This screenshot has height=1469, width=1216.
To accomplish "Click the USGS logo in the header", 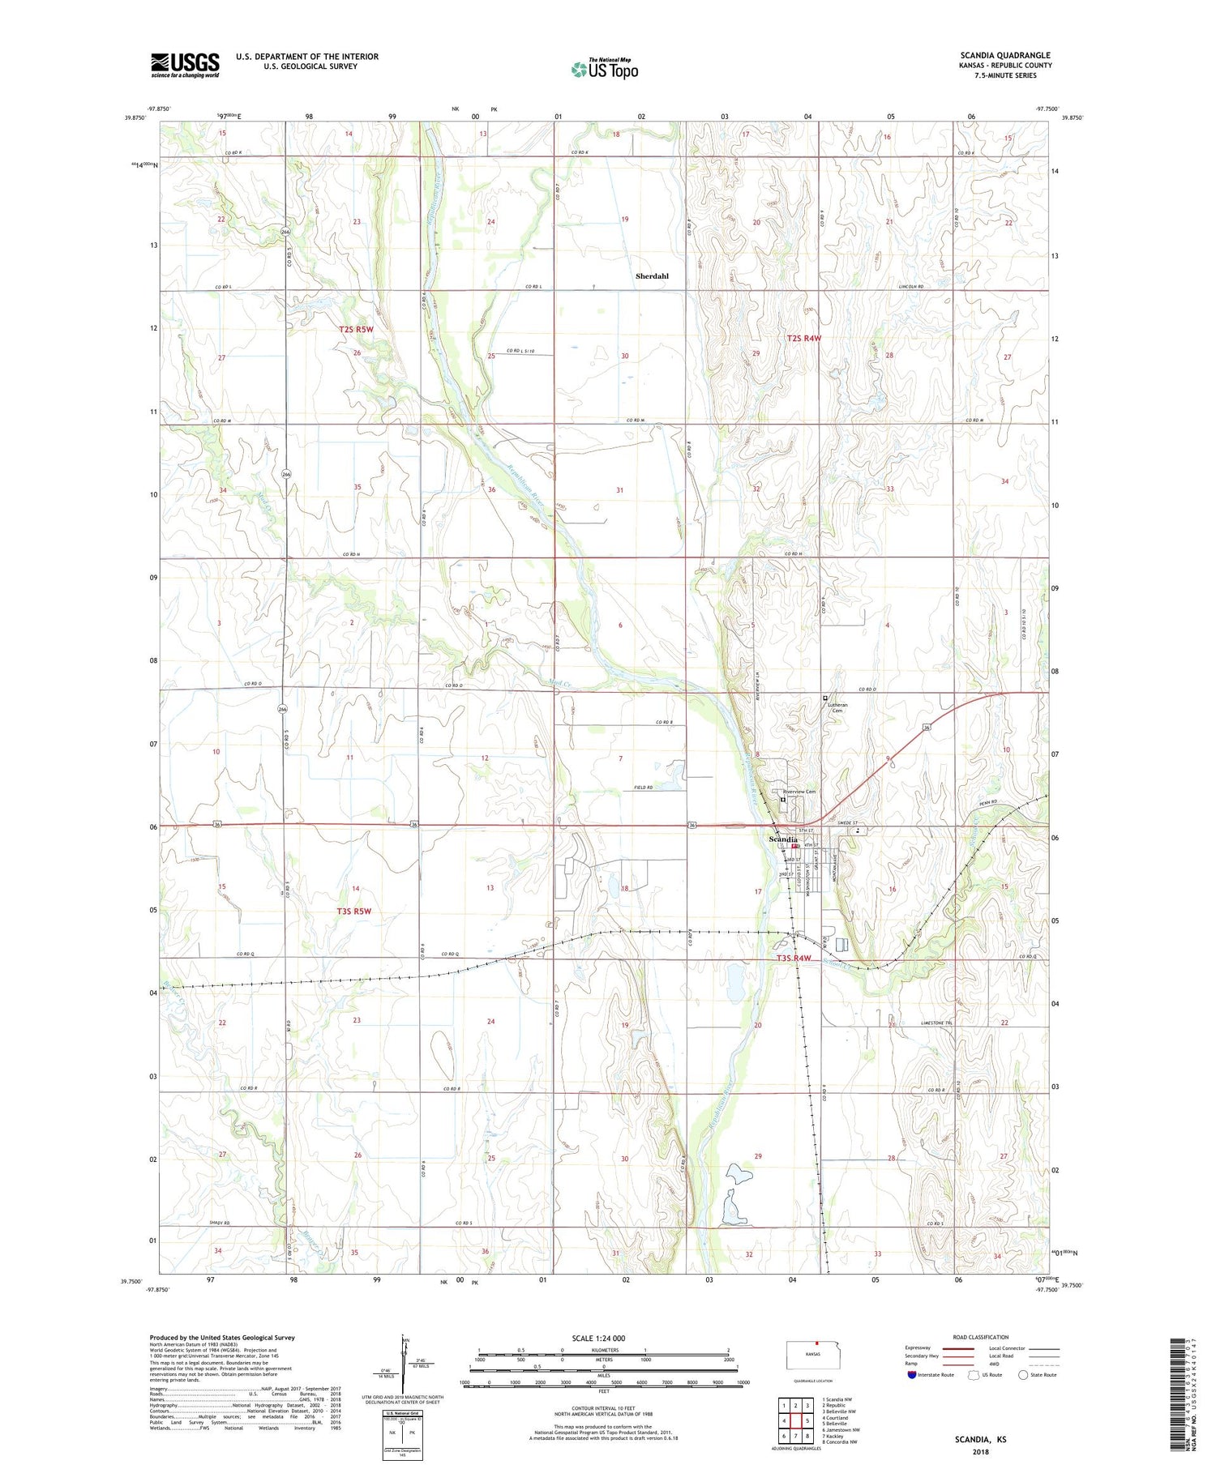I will [x=185, y=65].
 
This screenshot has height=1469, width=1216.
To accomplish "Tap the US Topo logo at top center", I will [x=605, y=69].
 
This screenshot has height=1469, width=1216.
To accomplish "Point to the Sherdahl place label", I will [x=652, y=276].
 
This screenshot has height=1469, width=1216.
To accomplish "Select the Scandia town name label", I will [x=783, y=839].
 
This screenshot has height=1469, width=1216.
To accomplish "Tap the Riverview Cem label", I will [x=799, y=792].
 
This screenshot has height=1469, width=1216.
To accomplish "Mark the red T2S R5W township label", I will [x=356, y=330].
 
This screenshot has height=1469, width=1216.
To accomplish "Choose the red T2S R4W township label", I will [x=804, y=338].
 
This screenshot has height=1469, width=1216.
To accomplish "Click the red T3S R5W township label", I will [x=353, y=911].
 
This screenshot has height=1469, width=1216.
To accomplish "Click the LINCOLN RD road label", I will [x=911, y=287].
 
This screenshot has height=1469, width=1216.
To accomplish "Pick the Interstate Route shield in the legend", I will [x=911, y=1375].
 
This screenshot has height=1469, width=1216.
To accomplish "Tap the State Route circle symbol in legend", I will [x=1023, y=1375].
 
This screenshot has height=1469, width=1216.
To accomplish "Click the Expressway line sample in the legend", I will [x=963, y=1348].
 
